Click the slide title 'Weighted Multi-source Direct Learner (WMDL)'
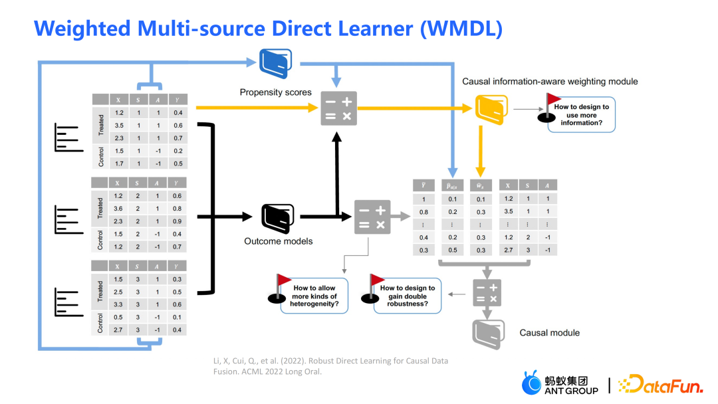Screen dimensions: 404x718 coord(268,28)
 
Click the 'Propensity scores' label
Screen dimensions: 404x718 coord(275,92)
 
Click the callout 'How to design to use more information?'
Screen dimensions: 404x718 coord(581,115)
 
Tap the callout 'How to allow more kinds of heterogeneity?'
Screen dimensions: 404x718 coord(315,296)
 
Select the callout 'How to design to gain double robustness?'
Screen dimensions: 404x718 coord(408,296)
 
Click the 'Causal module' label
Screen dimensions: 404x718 coord(549,333)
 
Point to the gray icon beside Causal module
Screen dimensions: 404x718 coord(489,333)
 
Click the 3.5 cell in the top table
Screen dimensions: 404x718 coord(118,126)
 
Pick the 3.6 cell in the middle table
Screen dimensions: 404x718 coord(118,209)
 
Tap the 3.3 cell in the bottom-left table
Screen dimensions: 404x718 coord(118,304)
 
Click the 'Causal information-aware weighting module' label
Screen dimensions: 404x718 coord(550,82)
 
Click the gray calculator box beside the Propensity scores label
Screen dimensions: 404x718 coord(338,108)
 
